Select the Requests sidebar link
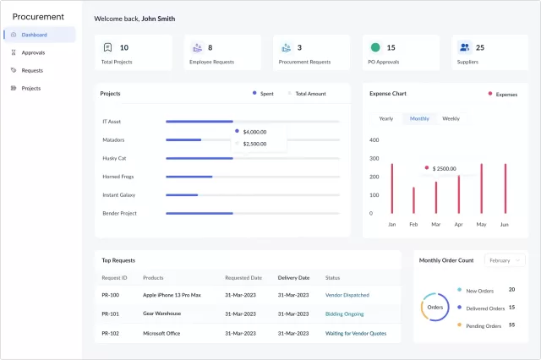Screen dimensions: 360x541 (x=32, y=70)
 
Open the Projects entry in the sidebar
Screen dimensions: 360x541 (x=30, y=88)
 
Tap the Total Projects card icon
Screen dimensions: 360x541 (x=107, y=48)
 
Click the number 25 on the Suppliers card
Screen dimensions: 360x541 (x=480, y=48)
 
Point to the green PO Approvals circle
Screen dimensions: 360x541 (x=375, y=48)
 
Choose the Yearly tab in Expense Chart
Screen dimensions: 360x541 (x=385, y=118)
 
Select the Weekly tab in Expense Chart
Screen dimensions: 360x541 (x=451, y=118)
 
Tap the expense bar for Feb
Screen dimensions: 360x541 (x=413, y=200)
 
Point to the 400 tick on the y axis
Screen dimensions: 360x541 (x=374, y=139)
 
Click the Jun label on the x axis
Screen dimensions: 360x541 (x=504, y=225)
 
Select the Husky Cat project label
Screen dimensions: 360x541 (x=114, y=158)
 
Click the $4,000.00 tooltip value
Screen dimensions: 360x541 (x=254, y=132)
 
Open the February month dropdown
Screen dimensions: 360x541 (x=504, y=260)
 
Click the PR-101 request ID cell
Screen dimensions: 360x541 (x=110, y=314)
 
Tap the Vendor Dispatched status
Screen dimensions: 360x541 (x=347, y=295)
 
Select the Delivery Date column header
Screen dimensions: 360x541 (x=293, y=277)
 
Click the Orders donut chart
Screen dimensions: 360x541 (x=434, y=307)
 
